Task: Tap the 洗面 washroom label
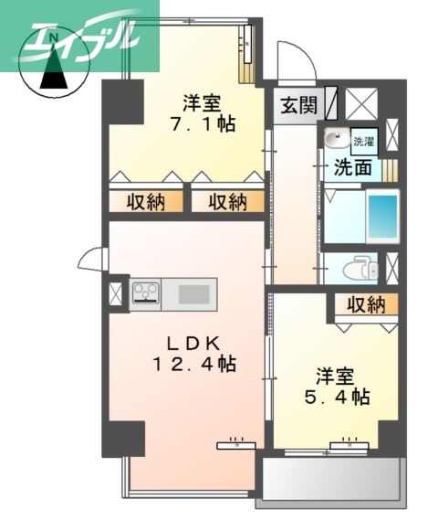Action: click(x=352, y=167)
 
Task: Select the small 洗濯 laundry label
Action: click(x=363, y=142)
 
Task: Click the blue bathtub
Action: click(x=383, y=218)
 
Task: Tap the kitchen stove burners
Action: click(x=146, y=292)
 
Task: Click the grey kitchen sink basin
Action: click(x=193, y=293)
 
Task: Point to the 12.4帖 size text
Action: click(x=193, y=365)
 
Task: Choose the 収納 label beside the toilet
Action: click(x=365, y=304)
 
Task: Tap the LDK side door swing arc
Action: click(x=91, y=260)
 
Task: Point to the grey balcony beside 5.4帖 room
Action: click(x=331, y=479)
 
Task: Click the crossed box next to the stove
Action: click(x=115, y=294)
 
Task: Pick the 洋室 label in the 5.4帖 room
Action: click(x=334, y=376)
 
